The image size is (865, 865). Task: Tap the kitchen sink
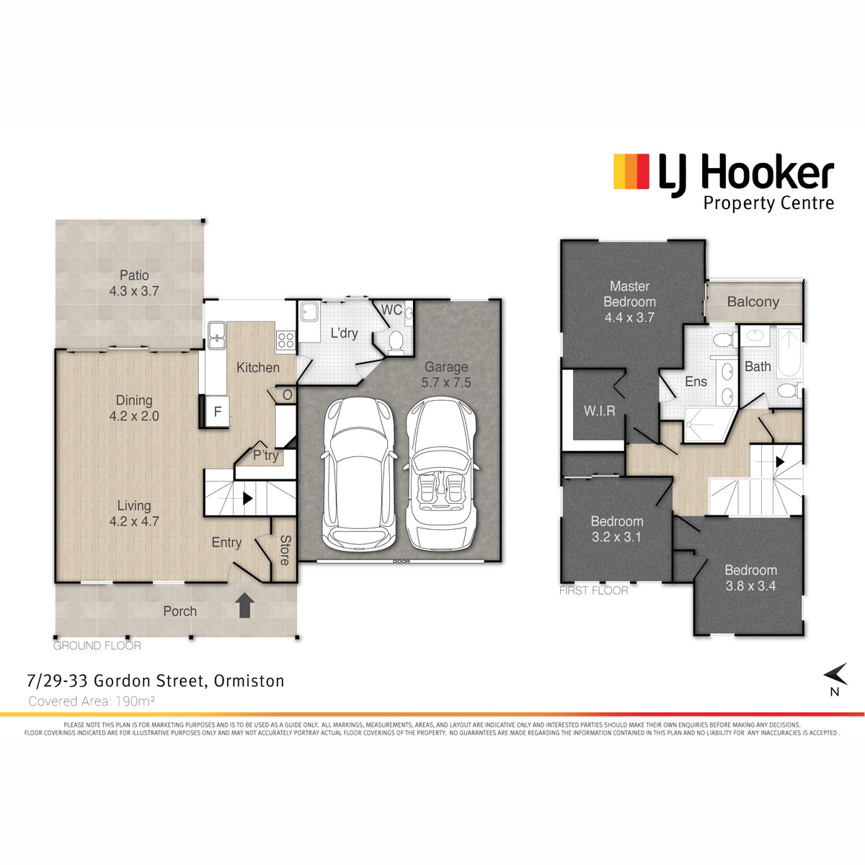[217, 335]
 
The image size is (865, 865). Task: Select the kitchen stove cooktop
[285, 340]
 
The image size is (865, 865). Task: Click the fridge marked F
[217, 411]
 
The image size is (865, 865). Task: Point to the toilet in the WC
[396, 342]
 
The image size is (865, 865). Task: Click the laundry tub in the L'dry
[310, 311]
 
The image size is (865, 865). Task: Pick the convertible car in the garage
[440, 474]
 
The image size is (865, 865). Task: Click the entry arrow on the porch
[244, 605]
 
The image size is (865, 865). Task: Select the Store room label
[285, 550]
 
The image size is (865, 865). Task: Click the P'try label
[266, 455]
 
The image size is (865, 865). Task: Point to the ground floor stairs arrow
[247, 498]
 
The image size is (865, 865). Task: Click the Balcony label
[753, 301]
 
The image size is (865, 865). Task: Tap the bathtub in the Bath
[789, 352]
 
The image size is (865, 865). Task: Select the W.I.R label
[599, 410]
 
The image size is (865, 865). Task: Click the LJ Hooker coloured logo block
[631, 171]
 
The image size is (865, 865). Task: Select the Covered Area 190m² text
[92, 701]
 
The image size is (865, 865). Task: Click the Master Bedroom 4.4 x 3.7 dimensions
[629, 317]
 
